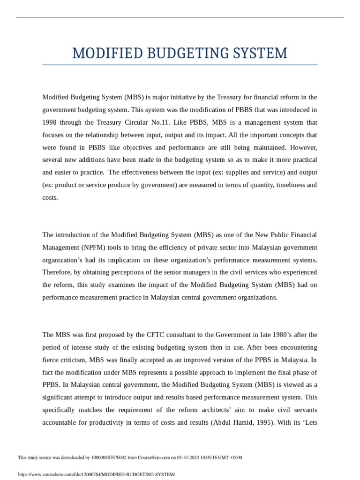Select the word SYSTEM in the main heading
[x=260, y=53]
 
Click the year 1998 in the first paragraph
[x=50, y=122]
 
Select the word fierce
[x=51, y=360]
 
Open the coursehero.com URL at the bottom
[x=96, y=474]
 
